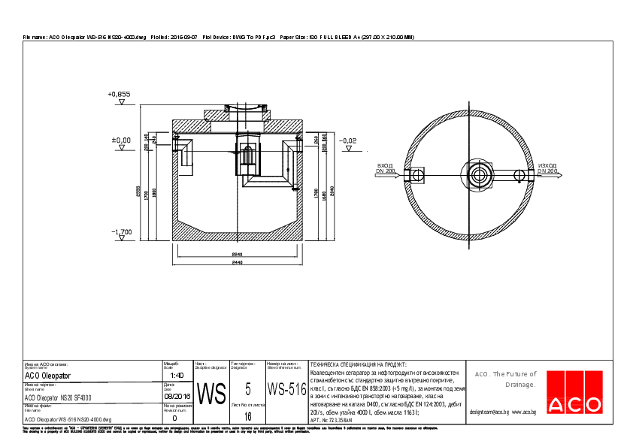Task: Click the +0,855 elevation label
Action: (x=120, y=95)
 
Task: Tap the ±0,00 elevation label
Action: (x=121, y=140)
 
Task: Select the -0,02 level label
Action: (x=347, y=140)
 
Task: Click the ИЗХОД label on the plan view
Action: (x=547, y=165)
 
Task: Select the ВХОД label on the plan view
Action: (x=385, y=165)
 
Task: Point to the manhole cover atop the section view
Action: (x=235, y=112)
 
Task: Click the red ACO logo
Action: (x=574, y=404)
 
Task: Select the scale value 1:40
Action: (x=177, y=375)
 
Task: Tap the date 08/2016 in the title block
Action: (x=177, y=396)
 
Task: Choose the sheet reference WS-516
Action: (x=286, y=390)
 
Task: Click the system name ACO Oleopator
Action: (x=47, y=375)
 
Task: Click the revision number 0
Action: (x=175, y=418)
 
